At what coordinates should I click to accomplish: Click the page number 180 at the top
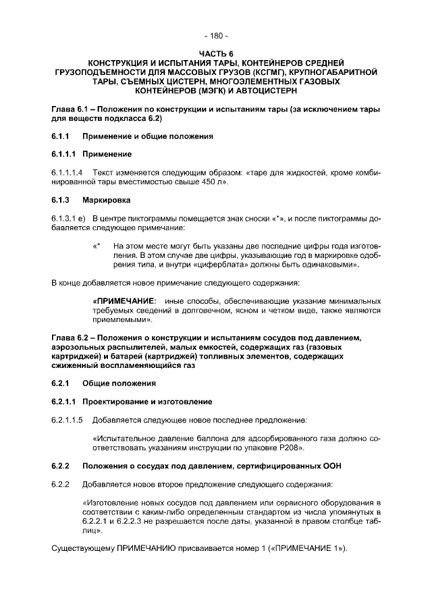click(216, 35)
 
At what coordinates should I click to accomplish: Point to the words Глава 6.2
click(71, 338)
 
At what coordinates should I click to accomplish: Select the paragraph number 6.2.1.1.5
click(67, 420)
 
